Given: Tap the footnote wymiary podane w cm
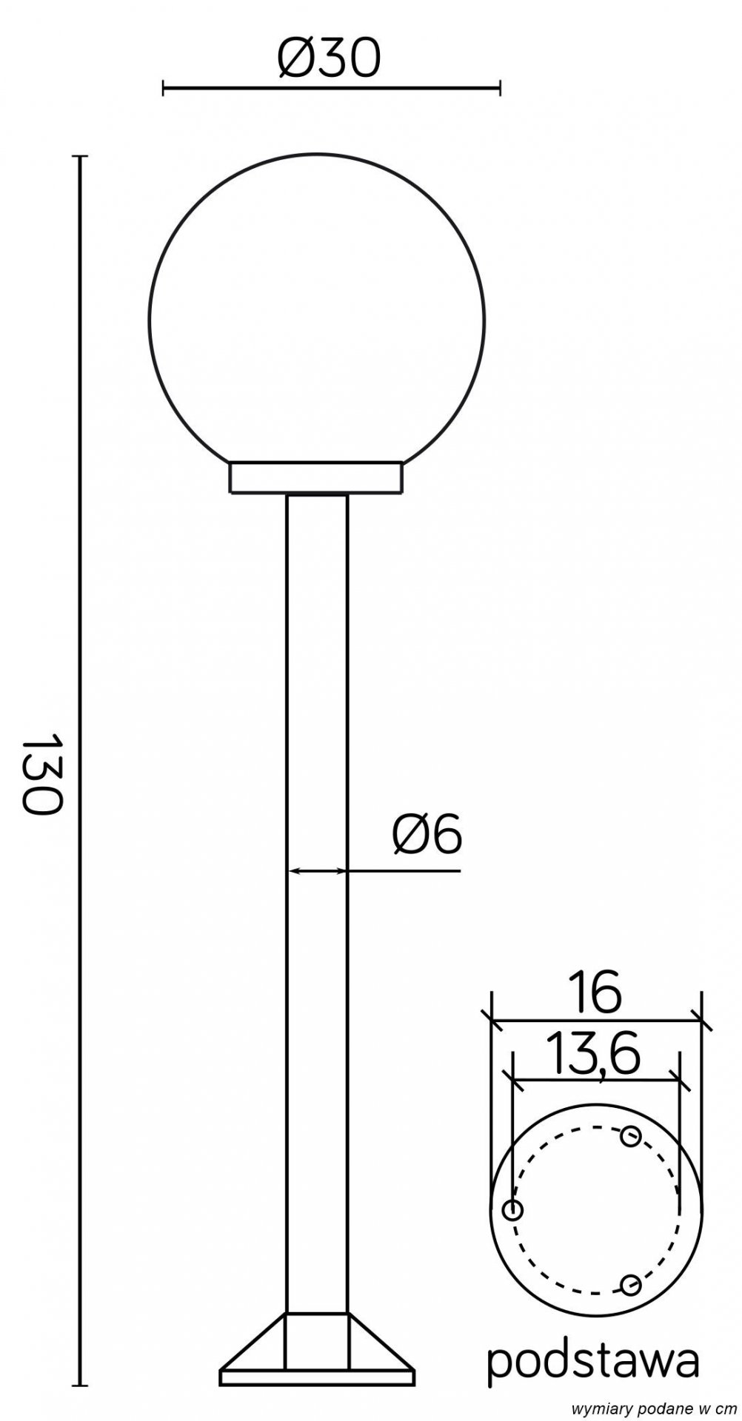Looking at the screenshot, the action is pyautogui.click(x=658, y=1406).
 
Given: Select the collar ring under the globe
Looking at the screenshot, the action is pyautogui.click(x=318, y=478).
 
